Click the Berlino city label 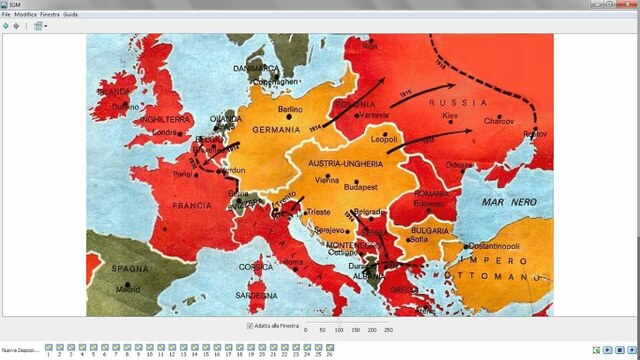(290, 108)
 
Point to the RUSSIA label (448, 102)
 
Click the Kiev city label (449, 117)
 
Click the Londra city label (165, 132)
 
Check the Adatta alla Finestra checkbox (250, 326)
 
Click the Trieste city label (318, 212)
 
